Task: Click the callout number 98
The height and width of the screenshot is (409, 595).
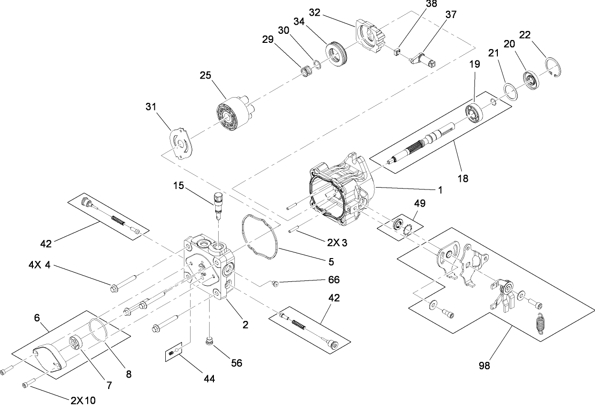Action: click(484, 366)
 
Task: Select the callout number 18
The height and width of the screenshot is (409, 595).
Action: click(462, 179)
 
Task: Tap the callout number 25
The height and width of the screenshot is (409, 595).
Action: click(206, 76)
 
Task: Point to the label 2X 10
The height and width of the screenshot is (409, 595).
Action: click(83, 400)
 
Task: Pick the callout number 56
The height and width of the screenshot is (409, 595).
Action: click(236, 363)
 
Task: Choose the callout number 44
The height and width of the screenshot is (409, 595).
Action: click(209, 379)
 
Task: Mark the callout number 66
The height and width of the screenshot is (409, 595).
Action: click(333, 280)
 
